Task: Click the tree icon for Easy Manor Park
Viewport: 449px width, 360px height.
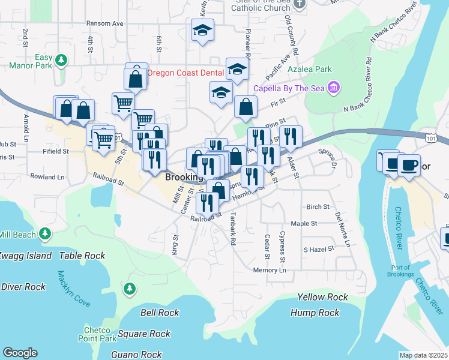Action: (x=61, y=60)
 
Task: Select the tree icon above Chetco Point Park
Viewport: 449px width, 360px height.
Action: (x=129, y=290)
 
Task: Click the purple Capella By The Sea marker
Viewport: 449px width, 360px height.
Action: (x=334, y=89)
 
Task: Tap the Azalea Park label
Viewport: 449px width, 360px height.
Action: (x=309, y=69)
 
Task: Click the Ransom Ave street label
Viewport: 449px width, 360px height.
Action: (x=104, y=23)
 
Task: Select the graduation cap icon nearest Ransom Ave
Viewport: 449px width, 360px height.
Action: (x=203, y=30)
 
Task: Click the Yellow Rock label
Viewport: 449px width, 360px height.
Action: (x=322, y=297)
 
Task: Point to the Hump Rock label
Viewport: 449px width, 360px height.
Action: (x=315, y=313)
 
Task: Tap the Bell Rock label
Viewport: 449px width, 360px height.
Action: (x=159, y=313)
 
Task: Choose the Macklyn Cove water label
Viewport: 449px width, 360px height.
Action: (x=73, y=289)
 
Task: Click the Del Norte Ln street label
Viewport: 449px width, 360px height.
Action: (x=342, y=230)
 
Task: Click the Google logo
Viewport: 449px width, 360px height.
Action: (x=20, y=353)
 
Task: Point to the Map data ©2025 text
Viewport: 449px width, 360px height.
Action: (x=423, y=355)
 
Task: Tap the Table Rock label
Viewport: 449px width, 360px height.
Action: (x=82, y=256)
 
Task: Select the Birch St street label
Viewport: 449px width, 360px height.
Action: (x=318, y=206)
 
